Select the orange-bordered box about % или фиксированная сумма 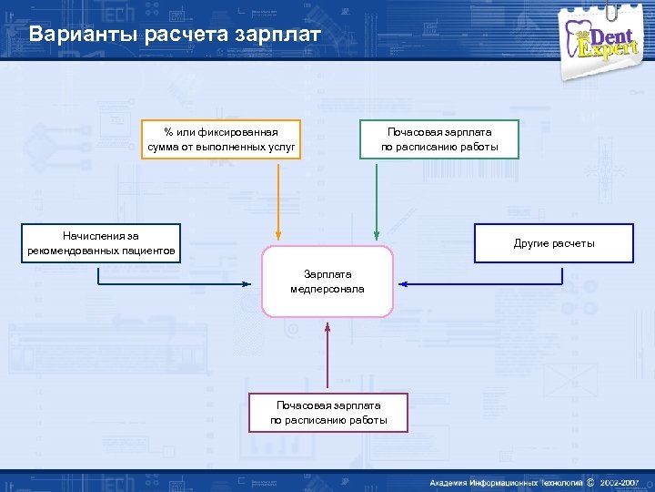pos(222,139)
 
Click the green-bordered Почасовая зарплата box pos(439,139)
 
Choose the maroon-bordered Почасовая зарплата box pos(328,412)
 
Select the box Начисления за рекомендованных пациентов pos(103,243)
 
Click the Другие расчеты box pos(553,243)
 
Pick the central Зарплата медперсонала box pos(327,282)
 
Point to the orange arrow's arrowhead pos(280,240)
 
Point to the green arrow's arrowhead pos(376,240)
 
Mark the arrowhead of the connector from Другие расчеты pos(400,284)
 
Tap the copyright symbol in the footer pos(590,481)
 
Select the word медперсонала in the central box pos(327,289)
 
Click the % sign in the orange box pos(168,132)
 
